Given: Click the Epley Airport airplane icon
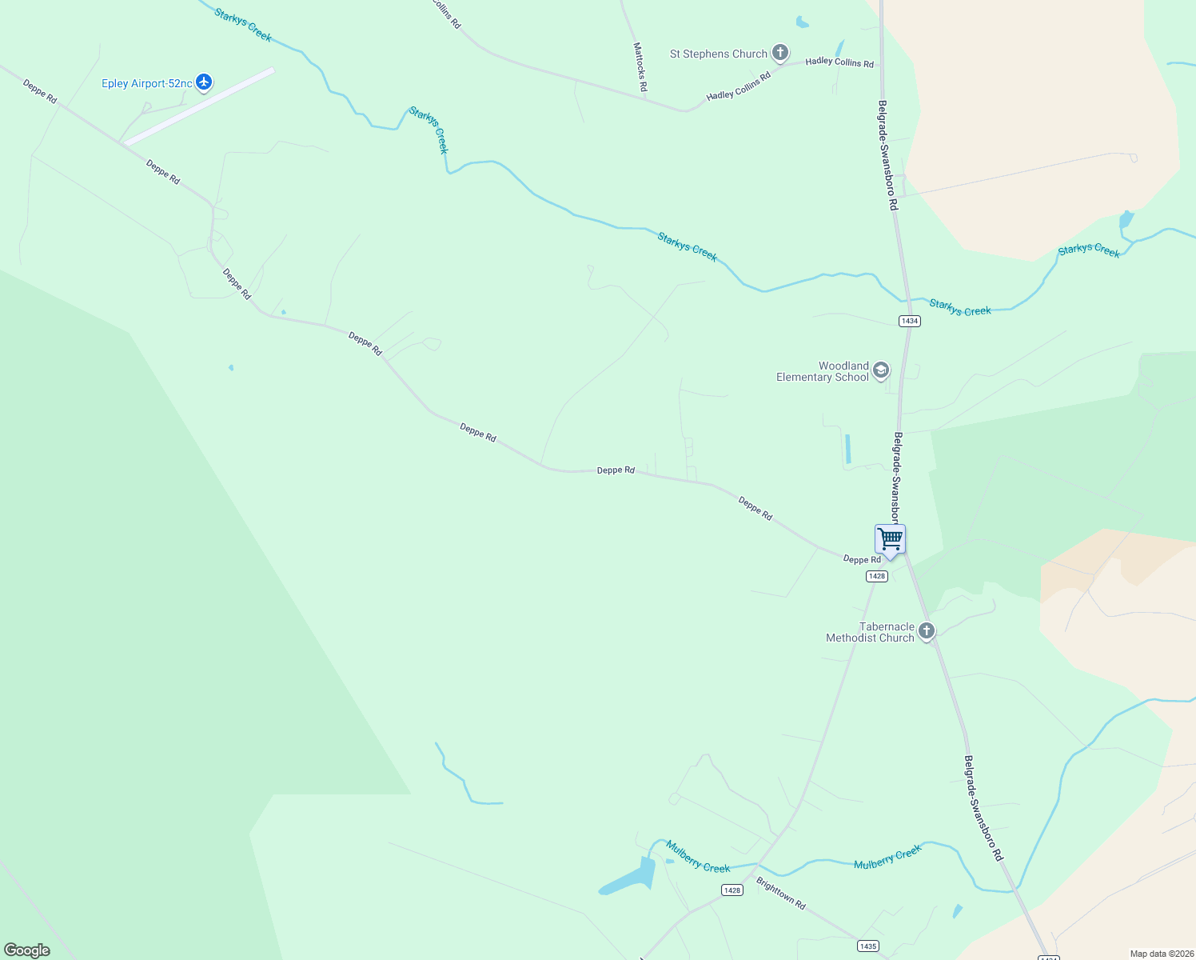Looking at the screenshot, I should point(204,82).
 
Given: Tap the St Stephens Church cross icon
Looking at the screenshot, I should point(780,53).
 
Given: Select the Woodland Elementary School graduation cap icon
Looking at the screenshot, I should point(880,370).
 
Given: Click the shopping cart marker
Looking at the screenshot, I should point(890,539).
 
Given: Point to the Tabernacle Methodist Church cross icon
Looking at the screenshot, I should point(926,630).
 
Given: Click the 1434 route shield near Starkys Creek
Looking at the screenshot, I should point(909,321).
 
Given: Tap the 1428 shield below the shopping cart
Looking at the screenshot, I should point(876,576).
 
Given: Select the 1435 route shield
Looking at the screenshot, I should point(867,946).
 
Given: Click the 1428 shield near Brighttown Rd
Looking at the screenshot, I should point(732,890).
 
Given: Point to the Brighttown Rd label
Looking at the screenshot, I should point(781,894).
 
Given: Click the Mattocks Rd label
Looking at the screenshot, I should point(640,66).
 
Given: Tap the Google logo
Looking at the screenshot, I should point(27,950).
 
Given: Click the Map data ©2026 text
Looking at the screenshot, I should point(1162,954).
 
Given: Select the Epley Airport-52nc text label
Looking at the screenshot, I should point(147,83).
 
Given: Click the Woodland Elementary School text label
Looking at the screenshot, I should point(823,372).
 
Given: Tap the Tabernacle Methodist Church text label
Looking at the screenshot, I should point(870,632).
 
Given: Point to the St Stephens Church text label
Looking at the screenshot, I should point(718,54).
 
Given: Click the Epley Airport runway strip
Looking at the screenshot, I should point(199,106).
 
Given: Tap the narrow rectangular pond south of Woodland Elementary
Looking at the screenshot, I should point(847,449).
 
